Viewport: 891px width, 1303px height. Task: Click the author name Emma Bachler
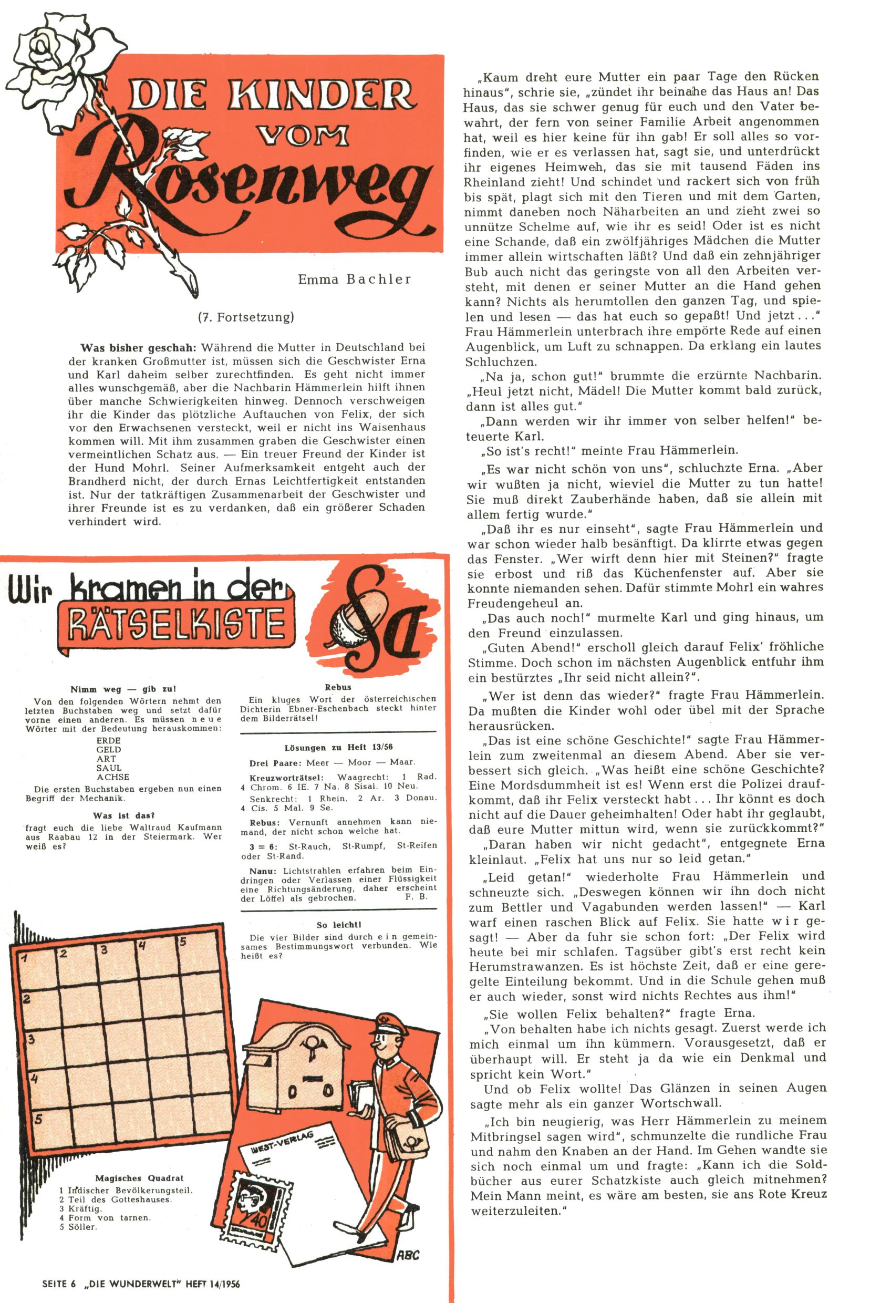pos(355,279)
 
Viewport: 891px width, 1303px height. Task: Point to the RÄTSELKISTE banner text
pos(177,624)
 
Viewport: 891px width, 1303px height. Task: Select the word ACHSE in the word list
pos(113,777)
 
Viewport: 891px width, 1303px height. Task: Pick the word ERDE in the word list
pos(108,741)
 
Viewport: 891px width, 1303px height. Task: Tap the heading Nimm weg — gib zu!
pos(123,690)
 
